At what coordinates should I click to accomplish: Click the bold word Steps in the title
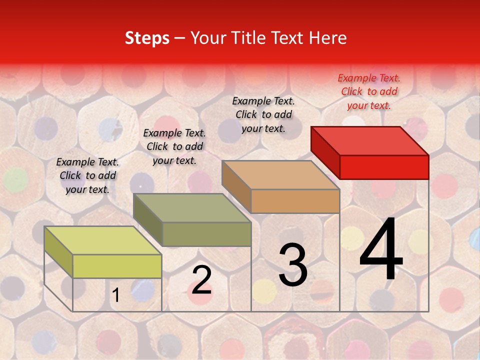tap(147, 38)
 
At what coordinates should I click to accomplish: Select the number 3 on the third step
tap(293, 265)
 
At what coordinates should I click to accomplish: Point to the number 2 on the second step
tap(201, 280)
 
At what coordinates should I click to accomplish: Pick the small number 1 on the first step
tap(116, 295)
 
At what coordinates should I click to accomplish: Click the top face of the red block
tap(370, 141)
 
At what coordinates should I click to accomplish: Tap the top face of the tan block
tap(281, 175)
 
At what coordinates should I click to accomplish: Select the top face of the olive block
tap(192, 208)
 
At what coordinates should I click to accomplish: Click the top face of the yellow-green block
tap(103, 240)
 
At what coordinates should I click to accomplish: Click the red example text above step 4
tap(369, 91)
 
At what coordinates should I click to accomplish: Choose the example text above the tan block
tap(263, 114)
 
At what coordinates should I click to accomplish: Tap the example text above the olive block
tap(174, 146)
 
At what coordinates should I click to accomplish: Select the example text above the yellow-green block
tap(87, 175)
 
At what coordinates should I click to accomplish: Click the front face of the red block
tap(384, 167)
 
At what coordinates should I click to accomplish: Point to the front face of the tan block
tap(295, 201)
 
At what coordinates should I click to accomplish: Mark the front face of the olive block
tap(206, 234)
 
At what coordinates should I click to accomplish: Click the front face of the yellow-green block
tap(117, 266)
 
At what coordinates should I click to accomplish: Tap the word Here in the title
tap(328, 38)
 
